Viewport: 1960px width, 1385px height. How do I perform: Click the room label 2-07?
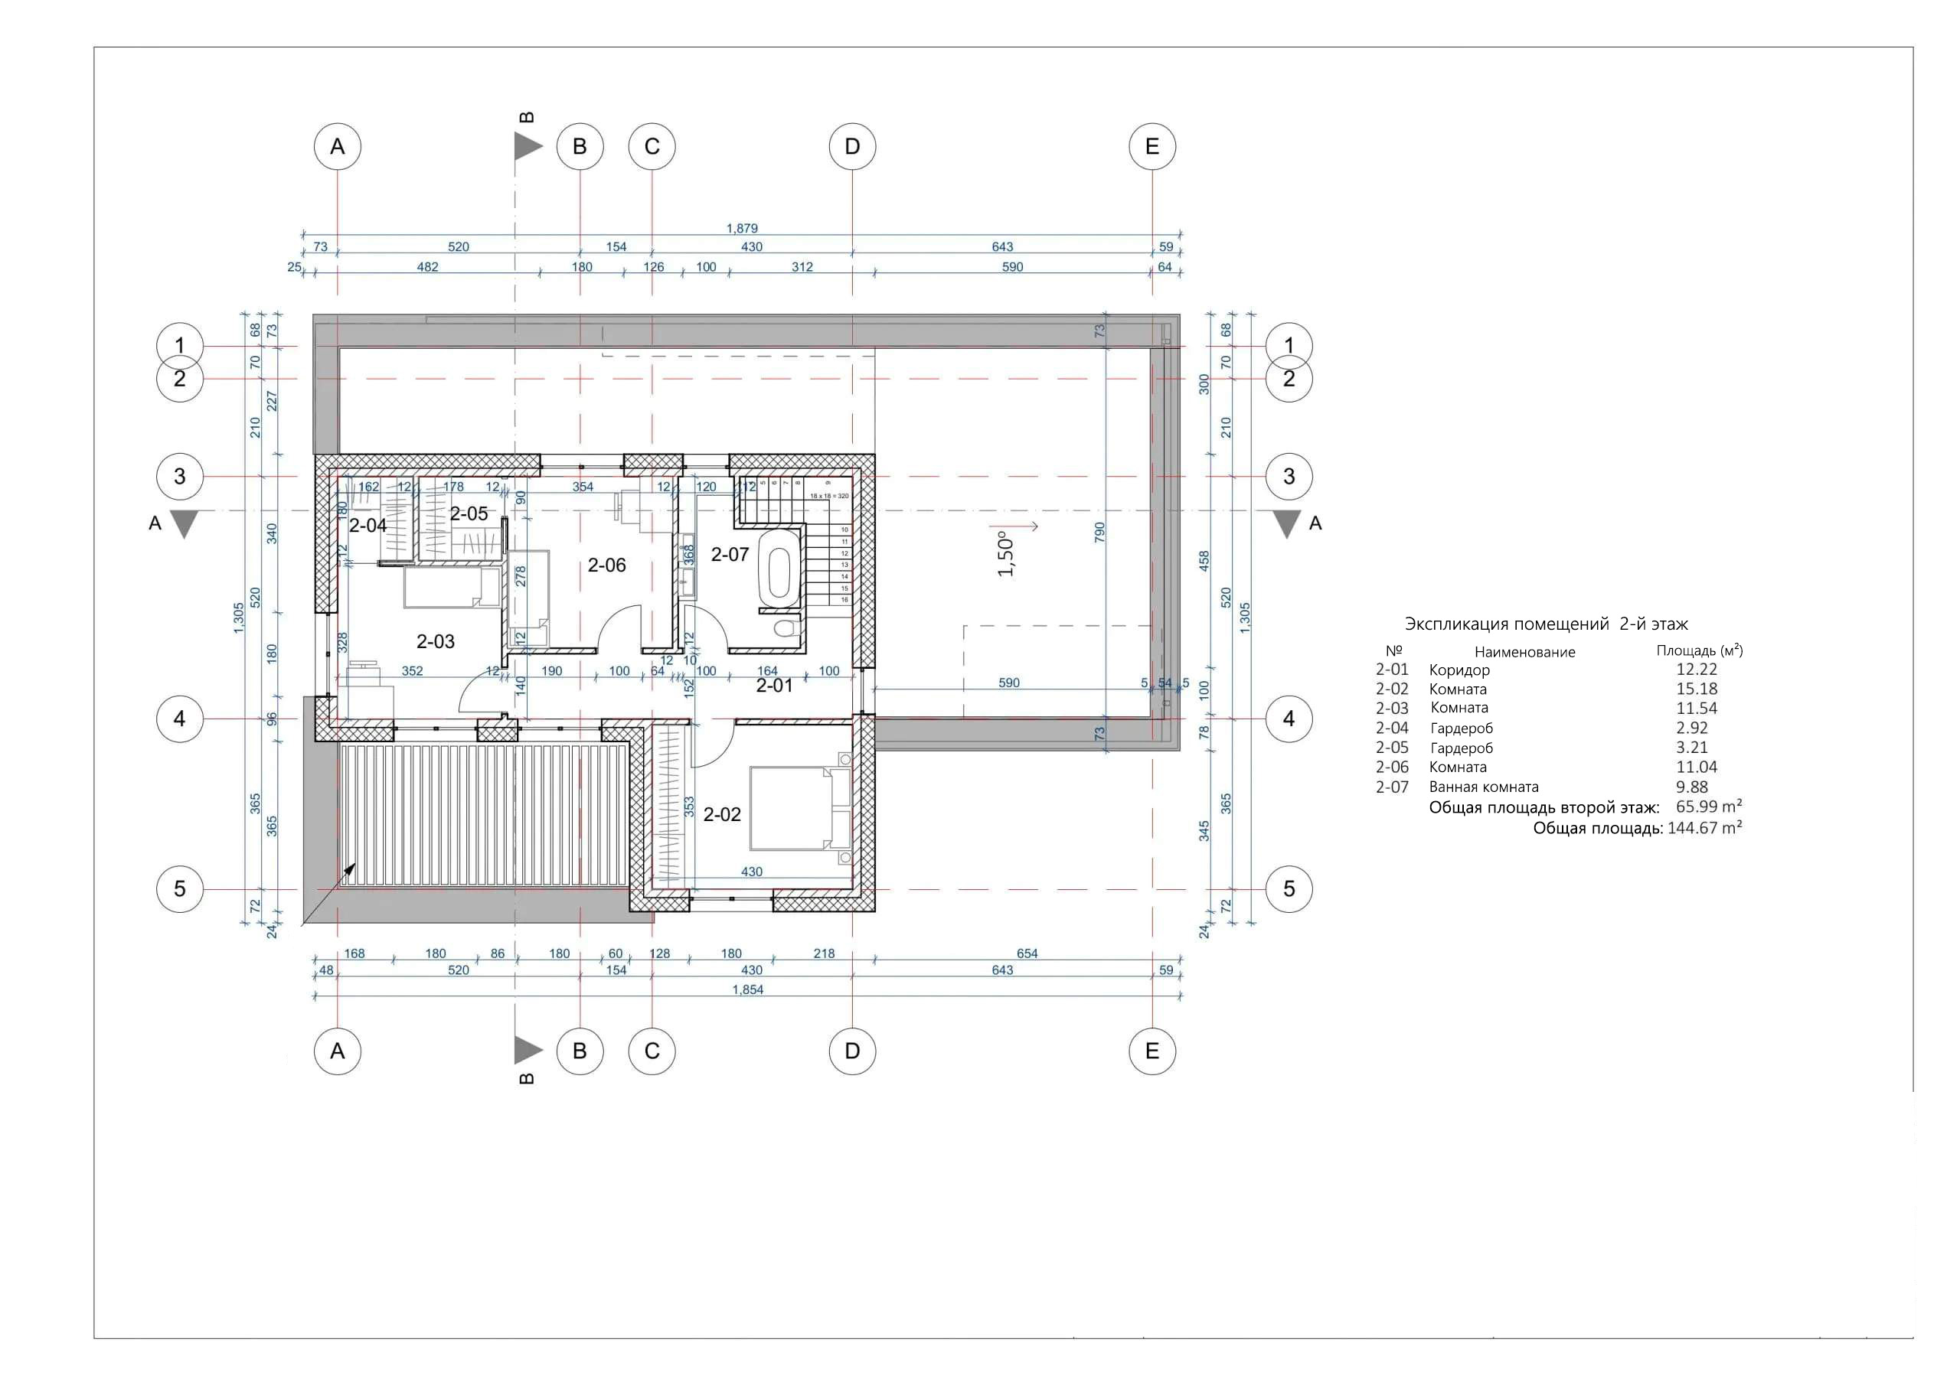tap(730, 555)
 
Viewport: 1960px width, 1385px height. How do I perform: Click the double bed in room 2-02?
tap(799, 808)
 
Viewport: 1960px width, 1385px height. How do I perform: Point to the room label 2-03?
tap(436, 641)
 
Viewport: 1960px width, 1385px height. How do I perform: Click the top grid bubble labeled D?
tap(852, 147)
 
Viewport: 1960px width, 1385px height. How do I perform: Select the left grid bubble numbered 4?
tap(179, 719)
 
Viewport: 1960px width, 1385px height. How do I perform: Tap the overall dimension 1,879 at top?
tap(742, 228)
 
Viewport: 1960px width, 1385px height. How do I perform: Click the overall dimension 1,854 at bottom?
tap(747, 990)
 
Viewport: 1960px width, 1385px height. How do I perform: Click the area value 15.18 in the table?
tap(1696, 689)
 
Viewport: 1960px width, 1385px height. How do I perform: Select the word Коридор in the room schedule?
tap(1459, 670)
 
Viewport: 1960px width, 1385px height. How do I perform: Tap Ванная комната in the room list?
tap(1484, 787)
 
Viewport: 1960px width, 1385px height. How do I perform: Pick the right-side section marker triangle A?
tap(1286, 524)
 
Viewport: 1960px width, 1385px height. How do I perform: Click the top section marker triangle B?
tap(527, 147)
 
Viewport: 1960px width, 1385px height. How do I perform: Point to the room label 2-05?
tap(469, 513)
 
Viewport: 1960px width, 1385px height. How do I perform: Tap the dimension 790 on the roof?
tap(1099, 533)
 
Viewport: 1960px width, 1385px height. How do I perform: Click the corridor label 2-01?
tap(774, 686)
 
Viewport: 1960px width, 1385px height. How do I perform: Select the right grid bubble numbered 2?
tap(1289, 378)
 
